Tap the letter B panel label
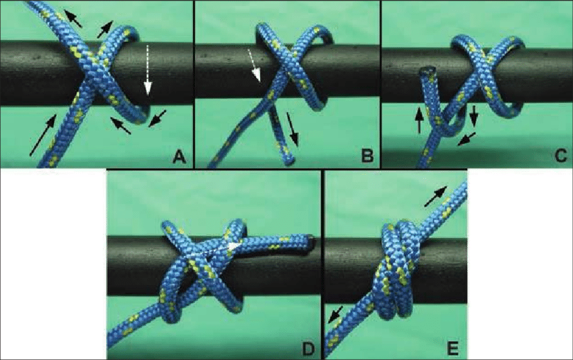(367, 156)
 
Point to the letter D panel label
(308, 349)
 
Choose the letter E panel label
(453, 349)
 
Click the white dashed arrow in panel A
(147, 70)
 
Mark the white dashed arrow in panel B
(254, 65)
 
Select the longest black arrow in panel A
(42, 135)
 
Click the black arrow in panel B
(293, 129)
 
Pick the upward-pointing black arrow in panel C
(419, 120)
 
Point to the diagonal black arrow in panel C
(466, 139)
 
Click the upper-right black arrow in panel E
(435, 196)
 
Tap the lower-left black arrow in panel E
(336, 315)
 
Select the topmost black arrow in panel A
(73, 19)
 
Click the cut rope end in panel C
(427, 70)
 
